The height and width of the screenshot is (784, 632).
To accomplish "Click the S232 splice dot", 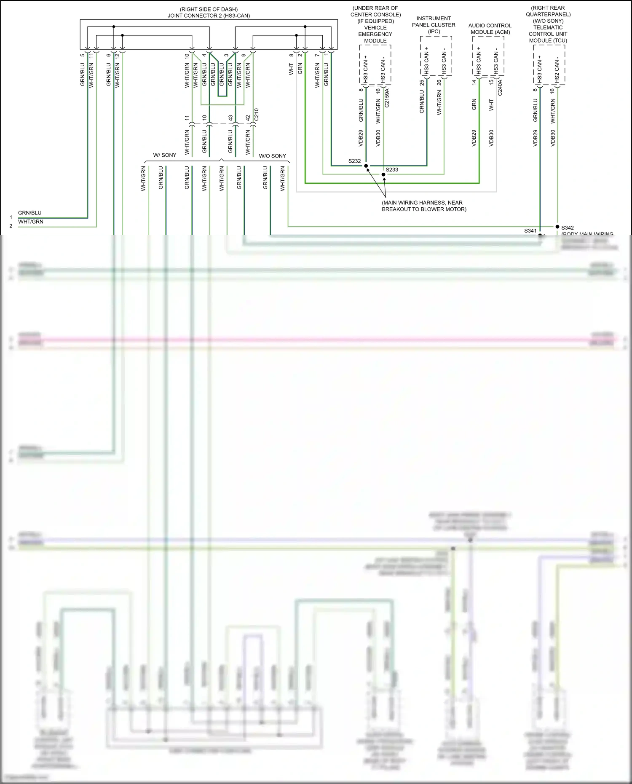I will click(x=366, y=166).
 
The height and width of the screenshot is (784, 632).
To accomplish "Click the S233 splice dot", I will click(x=383, y=174).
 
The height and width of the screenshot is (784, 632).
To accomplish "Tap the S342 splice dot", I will click(x=557, y=227).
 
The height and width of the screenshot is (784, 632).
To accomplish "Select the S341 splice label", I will click(x=530, y=230).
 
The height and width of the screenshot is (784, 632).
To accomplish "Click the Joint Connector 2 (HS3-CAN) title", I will click(x=209, y=13).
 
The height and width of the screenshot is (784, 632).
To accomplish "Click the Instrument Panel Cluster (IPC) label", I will click(x=434, y=25).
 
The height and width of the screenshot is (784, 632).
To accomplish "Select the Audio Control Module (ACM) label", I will click(x=490, y=29).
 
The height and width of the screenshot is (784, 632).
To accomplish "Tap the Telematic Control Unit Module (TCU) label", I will click(x=548, y=24).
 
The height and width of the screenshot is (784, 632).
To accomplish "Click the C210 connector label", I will click(x=256, y=115).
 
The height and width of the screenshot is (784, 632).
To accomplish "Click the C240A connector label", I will click(x=500, y=88).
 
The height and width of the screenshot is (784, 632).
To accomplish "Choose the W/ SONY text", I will click(x=165, y=155).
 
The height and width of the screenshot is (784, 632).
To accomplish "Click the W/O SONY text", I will click(x=272, y=156).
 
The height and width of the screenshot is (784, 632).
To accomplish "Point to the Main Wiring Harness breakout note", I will click(x=424, y=206).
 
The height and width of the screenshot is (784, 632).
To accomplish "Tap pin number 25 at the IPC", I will click(x=422, y=83).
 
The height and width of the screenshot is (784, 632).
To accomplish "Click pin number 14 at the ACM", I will click(x=474, y=83).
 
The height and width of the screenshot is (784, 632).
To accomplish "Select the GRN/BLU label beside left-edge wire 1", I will click(x=30, y=213).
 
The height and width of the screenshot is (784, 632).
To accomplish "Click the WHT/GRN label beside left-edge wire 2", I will click(x=31, y=222).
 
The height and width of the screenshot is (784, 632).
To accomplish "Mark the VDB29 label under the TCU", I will click(x=535, y=138).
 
